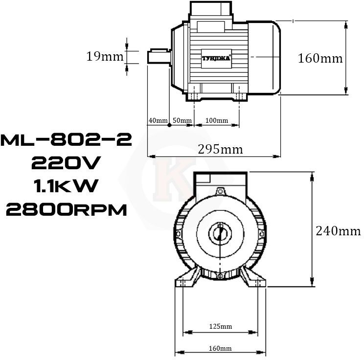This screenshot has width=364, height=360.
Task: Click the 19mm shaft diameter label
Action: pyautogui.click(x=105, y=56)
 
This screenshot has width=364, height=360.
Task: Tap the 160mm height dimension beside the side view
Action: pyautogui.click(x=320, y=58)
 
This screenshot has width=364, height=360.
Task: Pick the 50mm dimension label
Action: pyautogui.click(x=182, y=120)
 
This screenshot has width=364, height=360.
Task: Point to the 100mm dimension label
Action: pyautogui.click(x=217, y=120)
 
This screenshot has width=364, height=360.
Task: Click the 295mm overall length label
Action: pyautogui.click(x=220, y=149)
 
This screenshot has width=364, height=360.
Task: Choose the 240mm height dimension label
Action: pyautogui.click(x=338, y=231)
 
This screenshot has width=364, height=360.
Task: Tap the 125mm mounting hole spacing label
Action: pyautogui.click(x=221, y=326)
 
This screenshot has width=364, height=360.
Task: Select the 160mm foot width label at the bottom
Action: pyautogui.click(x=220, y=348)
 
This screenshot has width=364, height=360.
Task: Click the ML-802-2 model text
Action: pyautogui.click(x=66, y=140)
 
